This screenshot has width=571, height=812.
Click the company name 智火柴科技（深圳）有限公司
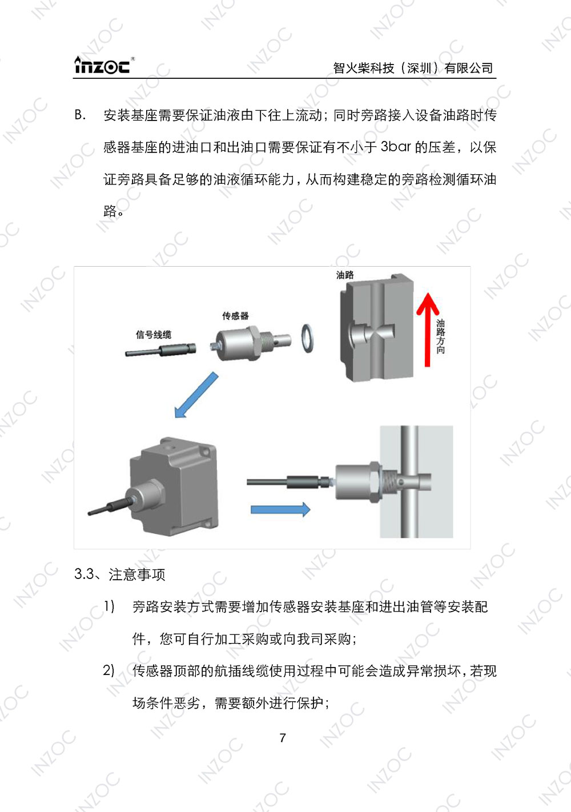[413, 68]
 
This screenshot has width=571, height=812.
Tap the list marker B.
[80, 115]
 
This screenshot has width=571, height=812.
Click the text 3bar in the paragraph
[395, 147]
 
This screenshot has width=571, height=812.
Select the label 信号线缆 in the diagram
[153, 335]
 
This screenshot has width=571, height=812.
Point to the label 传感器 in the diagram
[235, 316]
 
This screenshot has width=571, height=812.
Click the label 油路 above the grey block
[345, 275]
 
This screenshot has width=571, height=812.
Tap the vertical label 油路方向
[440, 337]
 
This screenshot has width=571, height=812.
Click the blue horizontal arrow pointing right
[280, 509]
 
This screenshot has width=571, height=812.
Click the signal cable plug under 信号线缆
[162, 350]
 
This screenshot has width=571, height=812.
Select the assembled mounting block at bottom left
[174, 485]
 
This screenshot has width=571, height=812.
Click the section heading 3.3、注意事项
[120, 574]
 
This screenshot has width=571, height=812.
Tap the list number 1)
[109, 606]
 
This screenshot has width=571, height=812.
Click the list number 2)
[109, 670]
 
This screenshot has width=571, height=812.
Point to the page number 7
[283, 738]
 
